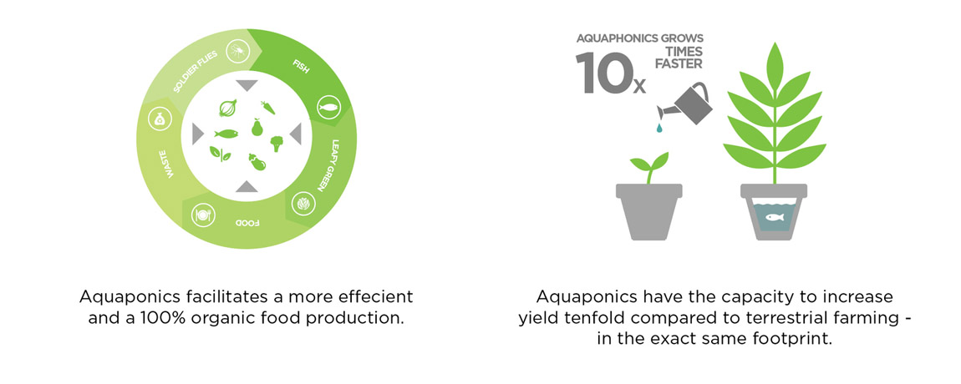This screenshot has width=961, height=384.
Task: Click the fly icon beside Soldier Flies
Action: (237, 52)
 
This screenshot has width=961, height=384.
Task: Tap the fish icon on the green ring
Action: (328, 107)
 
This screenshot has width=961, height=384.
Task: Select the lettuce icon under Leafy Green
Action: (303, 204)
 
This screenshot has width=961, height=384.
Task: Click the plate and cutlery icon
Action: (202, 215)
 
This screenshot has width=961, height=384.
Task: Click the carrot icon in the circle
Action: (268, 107)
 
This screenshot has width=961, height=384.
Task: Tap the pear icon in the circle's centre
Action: (257, 128)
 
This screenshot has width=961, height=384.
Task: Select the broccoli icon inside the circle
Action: (277, 144)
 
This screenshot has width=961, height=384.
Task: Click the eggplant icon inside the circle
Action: (257, 162)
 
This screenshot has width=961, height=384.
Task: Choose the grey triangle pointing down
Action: (247, 85)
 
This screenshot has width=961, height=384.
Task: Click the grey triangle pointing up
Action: (247, 186)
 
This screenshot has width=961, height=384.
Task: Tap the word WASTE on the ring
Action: (169, 165)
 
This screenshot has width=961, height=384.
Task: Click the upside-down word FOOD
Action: (247, 223)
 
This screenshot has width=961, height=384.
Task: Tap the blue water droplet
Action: (658, 128)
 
